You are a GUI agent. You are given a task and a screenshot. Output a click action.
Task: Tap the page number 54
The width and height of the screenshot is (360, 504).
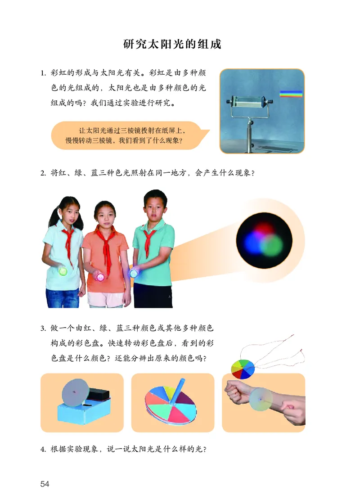[x=45, y=484]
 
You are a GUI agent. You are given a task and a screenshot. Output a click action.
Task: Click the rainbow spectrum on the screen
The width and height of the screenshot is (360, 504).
[x=291, y=94]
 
